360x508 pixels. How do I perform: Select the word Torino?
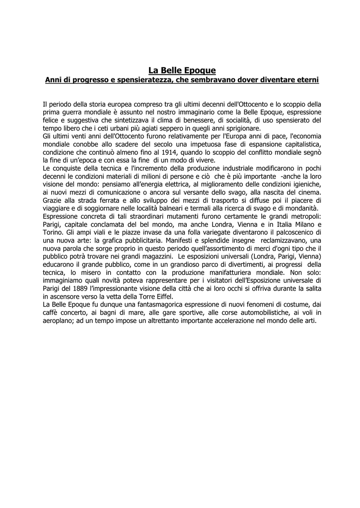pos(52,232)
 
